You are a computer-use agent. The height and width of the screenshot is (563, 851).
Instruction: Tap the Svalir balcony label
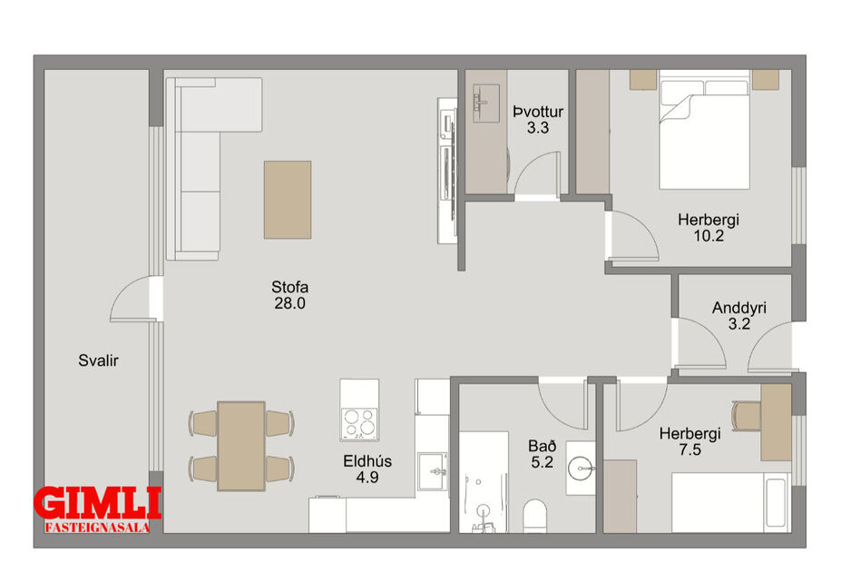point(98,361)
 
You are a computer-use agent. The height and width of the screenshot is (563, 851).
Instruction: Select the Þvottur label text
point(538,112)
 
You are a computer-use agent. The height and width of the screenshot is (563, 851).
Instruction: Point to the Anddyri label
point(739,308)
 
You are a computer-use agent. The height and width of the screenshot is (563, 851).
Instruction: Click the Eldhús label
point(367,460)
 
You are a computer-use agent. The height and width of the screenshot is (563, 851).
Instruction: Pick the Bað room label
point(542,447)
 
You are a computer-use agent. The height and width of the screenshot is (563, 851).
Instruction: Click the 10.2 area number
point(708,236)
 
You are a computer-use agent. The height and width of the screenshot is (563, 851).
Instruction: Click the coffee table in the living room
point(288,200)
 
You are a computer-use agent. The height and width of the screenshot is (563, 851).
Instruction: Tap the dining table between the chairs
point(241,446)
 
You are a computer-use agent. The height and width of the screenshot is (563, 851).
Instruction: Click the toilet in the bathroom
point(536,516)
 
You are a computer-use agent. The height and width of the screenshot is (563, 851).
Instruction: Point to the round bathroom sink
point(581,469)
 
